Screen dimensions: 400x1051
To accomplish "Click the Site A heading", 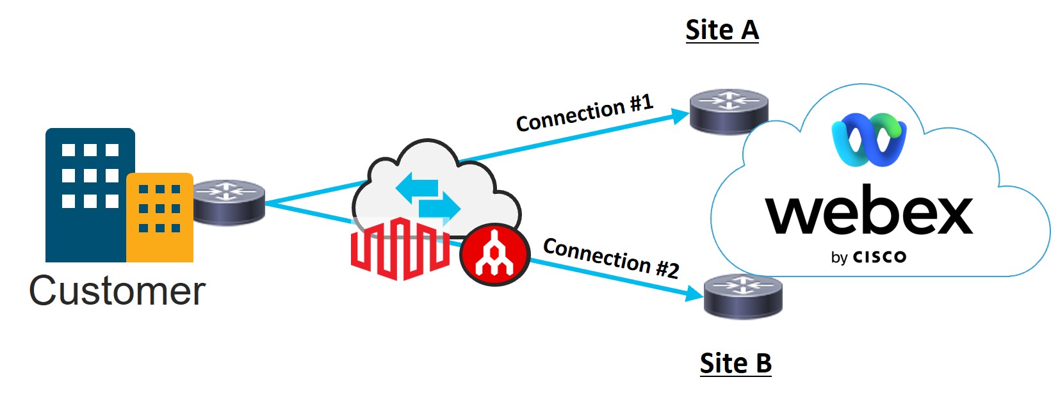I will point(722,30).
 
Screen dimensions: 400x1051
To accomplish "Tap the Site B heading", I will point(735,364).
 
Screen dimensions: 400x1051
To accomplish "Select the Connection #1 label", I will point(584,113).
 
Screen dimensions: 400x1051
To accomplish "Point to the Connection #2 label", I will point(611,258).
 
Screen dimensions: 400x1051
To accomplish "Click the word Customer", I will point(117,291).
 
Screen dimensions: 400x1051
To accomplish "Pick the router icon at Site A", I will point(729,111).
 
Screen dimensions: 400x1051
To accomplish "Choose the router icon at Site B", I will point(743,296).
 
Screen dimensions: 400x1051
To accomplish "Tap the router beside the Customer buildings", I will point(229,202).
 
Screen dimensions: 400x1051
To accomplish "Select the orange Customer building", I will point(160,218).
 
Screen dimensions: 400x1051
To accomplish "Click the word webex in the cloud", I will point(868,212).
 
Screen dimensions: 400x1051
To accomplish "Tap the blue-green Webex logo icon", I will point(868,140).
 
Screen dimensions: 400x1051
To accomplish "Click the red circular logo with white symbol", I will point(494,254).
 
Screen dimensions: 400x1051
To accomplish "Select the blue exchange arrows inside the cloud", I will point(428,198).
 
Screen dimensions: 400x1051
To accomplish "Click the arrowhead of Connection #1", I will point(681,116).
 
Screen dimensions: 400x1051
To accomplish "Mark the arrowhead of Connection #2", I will point(695,294).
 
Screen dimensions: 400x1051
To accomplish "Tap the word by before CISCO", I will point(839,258).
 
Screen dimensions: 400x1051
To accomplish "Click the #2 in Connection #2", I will point(667,268).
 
